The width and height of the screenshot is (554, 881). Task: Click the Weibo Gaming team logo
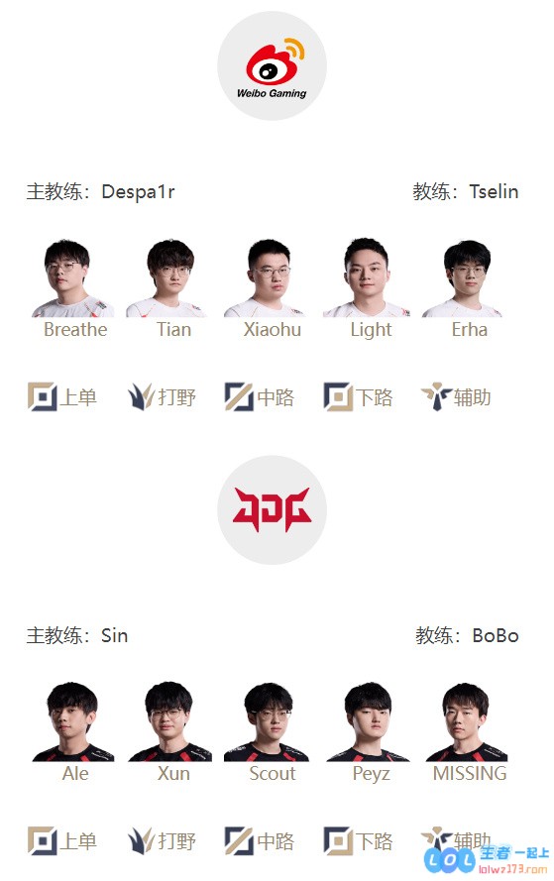click(272, 65)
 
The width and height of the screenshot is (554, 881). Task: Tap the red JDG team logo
click(272, 509)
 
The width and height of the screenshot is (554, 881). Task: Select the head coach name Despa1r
click(138, 192)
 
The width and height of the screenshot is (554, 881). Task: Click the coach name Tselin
click(494, 191)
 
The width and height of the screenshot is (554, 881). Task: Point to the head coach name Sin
click(115, 635)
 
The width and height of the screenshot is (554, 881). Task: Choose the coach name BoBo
click(495, 635)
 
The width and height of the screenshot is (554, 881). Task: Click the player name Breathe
click(75, 329)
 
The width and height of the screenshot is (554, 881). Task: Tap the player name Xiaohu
click(273, 329)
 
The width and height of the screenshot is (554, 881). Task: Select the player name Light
click(371, 330)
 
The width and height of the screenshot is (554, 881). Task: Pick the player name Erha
click(470, 329)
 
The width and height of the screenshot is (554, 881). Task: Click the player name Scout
click(273, 773)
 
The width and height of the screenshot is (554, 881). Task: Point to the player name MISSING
click(470, 773)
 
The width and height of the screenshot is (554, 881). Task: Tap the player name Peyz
click(371, 774)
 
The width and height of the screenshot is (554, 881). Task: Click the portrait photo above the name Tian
click(166, 278)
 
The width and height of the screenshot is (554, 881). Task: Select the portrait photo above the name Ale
click(73, 721)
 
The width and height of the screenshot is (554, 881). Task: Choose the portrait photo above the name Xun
click(170, 721)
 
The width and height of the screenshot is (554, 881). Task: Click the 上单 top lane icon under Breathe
click(43, 396)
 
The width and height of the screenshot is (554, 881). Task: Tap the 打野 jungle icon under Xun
click(141, 840)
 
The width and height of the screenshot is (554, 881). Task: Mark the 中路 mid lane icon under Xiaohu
click(239, 396)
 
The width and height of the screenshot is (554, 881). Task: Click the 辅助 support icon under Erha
click(437, 396)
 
